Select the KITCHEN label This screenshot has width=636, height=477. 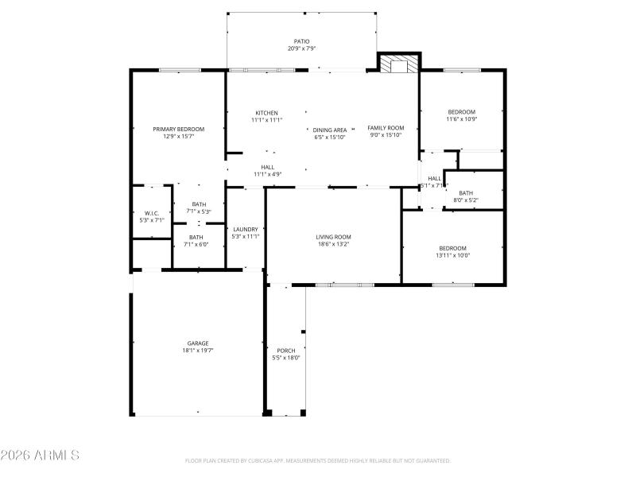tap(266, 112)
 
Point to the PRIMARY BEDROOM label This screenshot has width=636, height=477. tap(179, 129)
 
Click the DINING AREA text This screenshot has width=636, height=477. tap(330, 130)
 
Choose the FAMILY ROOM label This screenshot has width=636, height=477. tap(386, 128)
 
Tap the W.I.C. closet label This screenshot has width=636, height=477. tap(152, 213)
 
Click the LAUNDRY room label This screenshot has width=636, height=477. tap(245, 229)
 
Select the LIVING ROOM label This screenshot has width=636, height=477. tap(333, 237)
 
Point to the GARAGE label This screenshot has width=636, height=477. tap(198, 343)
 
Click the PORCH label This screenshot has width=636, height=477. tap(286, 351)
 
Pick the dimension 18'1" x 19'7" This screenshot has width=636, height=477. tap(198, 351)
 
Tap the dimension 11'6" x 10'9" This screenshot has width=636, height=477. tap(461, 119)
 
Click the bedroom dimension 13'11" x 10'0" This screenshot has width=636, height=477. tap(452, 255)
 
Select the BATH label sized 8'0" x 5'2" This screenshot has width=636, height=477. tap(466, 193)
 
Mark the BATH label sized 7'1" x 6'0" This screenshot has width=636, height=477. tap(196, 237)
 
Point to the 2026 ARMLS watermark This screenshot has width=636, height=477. tap(40, 456)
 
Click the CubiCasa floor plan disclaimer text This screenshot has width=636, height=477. tap(318, 460)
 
